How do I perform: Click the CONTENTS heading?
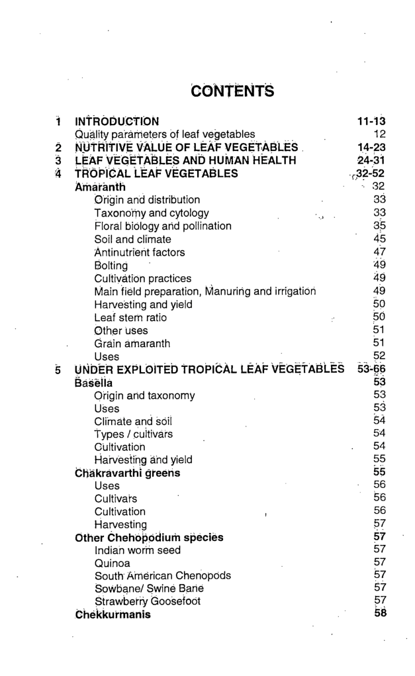[x=232, y=90]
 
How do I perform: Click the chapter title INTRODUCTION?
[x=117, y=121]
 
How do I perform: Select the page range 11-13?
[x=371, y=121]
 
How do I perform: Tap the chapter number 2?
[x=58, y=148]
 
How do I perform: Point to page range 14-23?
[x=371, y=148]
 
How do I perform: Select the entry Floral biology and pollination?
[x=163, y=226]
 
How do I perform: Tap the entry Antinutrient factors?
[x=140, y=252]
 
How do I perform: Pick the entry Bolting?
[x=111, y=266]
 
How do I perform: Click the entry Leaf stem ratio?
[x=130, y=318]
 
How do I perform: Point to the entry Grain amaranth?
[x=132, y=344]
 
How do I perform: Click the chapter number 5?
[x=58, y=369]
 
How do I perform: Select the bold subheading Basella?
[x=94, y=383]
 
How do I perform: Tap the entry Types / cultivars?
[x=134, y=434]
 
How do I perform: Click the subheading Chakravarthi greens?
[x=128, y=473]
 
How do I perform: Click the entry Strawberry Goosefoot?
[x=148, y=602]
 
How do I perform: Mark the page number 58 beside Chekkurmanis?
[x=379, y=614]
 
